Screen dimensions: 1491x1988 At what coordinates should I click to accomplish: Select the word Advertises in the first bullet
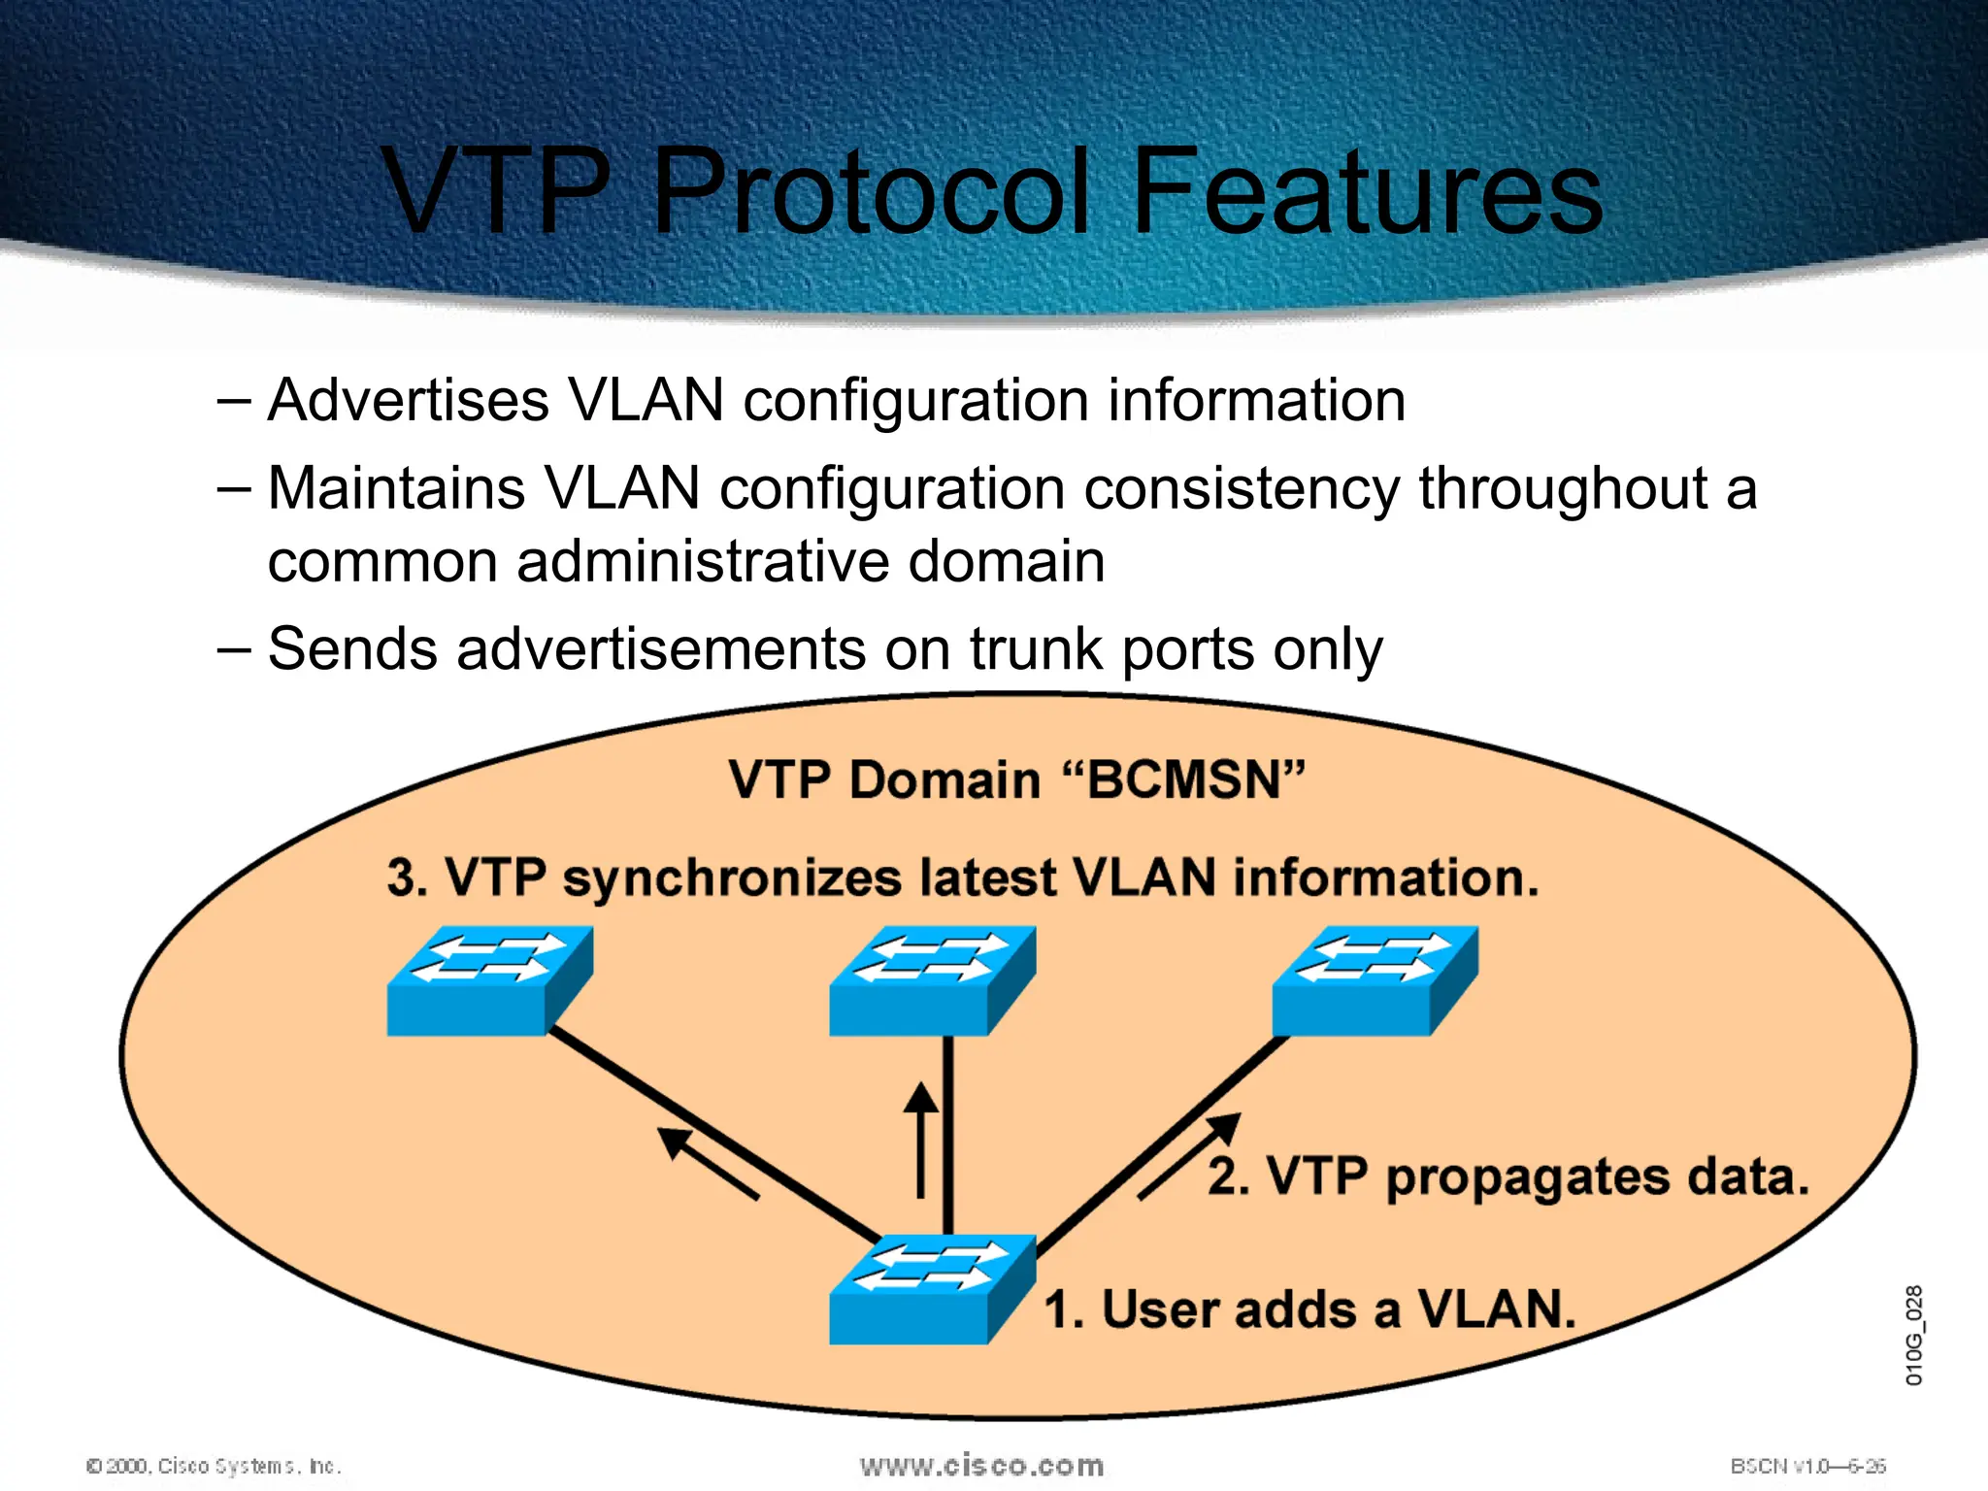408,400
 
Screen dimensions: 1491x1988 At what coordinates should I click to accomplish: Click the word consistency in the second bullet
1242,488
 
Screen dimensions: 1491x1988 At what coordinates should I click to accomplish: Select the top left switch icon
489,980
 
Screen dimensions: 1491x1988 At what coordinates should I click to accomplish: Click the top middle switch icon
932,980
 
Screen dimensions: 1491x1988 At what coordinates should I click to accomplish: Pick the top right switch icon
1375,980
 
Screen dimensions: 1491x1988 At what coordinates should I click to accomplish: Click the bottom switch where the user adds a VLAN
932,1289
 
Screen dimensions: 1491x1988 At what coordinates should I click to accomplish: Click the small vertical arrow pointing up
920,1140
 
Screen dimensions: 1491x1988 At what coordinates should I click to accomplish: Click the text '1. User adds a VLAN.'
1309,1309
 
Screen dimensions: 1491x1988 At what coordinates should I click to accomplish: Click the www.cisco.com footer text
981,1466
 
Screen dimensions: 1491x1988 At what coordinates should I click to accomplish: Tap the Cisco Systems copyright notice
215,1466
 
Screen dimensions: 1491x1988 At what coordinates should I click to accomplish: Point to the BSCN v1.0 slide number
1807,1466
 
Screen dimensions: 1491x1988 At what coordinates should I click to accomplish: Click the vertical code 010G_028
1913,1335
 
